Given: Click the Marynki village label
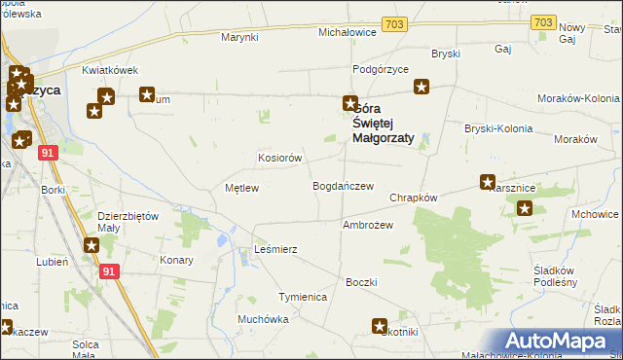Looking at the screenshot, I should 238,37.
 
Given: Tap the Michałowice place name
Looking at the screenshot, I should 348,32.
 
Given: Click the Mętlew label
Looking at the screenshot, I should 241,188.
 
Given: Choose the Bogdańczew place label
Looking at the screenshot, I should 343,186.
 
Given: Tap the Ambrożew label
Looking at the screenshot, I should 367,225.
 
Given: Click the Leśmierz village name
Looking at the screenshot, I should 275,250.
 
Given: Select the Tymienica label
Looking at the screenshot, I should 302,296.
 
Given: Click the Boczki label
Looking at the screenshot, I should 360,282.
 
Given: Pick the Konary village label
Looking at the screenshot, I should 176,261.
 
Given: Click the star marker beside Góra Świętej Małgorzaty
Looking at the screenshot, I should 349,103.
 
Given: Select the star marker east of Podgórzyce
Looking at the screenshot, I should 421,88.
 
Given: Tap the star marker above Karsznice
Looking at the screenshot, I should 488,182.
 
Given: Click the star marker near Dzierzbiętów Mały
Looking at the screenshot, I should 92,247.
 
